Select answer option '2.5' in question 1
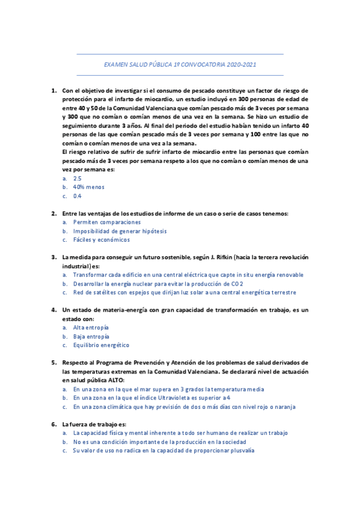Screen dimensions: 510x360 pos(77,179)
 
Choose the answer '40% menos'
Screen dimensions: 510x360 pos(88,187)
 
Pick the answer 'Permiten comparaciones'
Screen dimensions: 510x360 pos(106,222)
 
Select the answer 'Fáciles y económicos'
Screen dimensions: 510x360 pos(101,239)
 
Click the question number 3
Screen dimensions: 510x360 pos(53,257)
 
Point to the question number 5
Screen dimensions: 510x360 pos(53,363)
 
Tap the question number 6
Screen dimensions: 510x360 pos(53,424)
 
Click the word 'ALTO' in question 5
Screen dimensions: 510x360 pos(115,380)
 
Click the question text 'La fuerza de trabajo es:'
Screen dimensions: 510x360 pos(94,424)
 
